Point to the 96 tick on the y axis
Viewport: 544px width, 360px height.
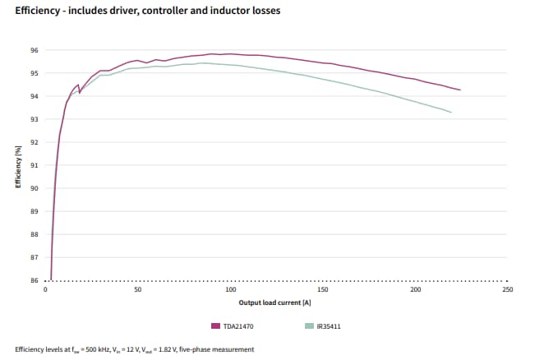click(x=34, y=50)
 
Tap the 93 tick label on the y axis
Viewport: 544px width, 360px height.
click(x=34, y=119)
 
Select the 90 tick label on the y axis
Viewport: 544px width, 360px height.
click(x=34, y=188)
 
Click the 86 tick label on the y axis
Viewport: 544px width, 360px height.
click(x=34, y=280)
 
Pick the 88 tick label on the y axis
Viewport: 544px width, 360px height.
click(x=34, y=234)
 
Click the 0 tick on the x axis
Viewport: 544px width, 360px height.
click(x=45, y=290)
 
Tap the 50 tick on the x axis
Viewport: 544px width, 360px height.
click(x=137, y=290)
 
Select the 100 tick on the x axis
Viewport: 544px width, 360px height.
click(x=230, y=290)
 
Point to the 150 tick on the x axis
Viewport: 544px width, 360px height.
click(x=322, y=290)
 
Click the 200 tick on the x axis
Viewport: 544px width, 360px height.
click(x=415, y=290)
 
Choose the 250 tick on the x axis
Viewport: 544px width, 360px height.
click(x=507, y=290)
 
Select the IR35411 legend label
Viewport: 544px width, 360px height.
click(x=329, y=325)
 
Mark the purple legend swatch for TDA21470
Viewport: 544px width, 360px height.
click(x=217, y=325)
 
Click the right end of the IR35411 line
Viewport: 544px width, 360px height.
click(x=451, y=112)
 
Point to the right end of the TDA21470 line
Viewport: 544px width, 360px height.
click(x=460, y=90)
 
